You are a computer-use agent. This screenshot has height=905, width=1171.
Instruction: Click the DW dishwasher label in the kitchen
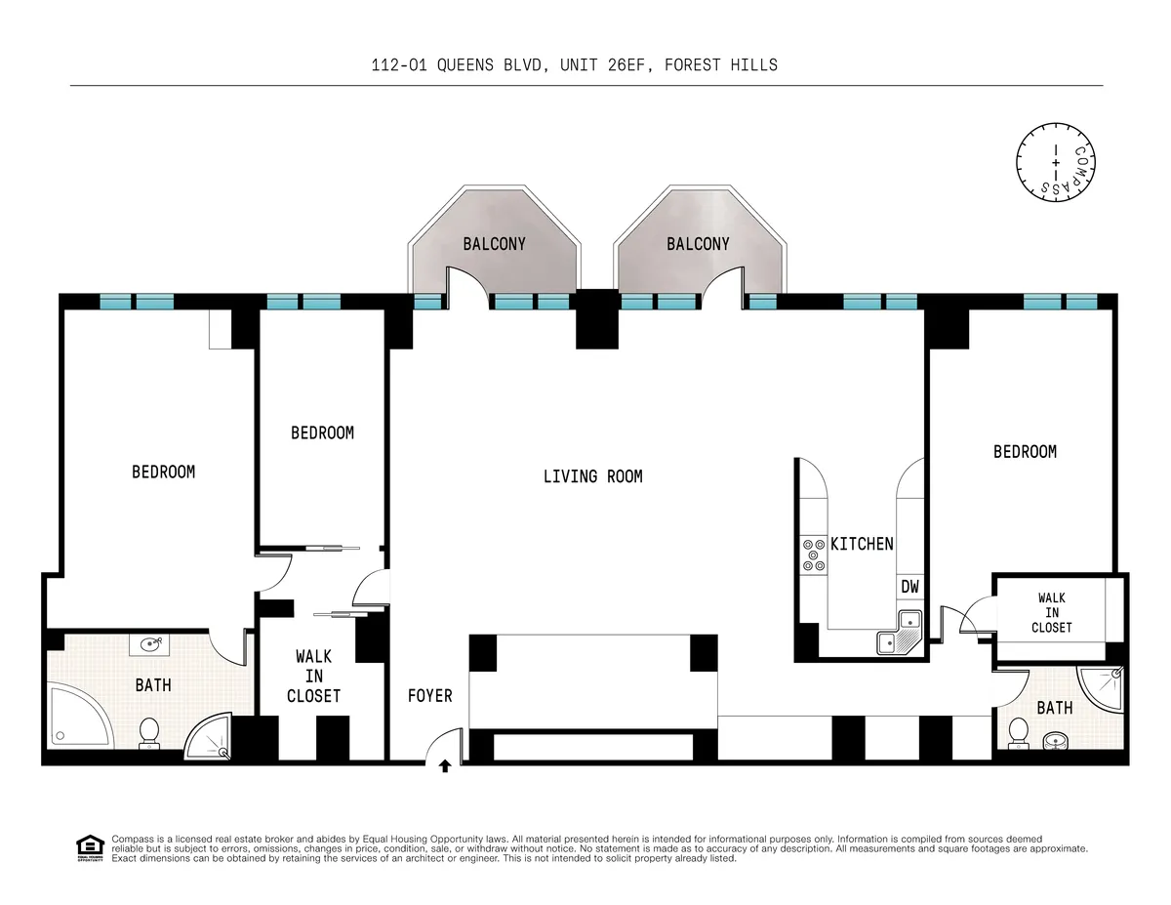pos(909,587)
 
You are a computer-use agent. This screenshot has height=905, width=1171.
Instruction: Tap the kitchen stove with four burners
pos(813,555)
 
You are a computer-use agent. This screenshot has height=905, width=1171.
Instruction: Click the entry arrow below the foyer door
pos(445,766)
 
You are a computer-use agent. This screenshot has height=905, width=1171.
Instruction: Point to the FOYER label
pos(430,696)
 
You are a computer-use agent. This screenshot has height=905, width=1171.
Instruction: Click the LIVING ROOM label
pos(592,476)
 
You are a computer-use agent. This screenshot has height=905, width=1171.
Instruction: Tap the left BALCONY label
pos(494,244)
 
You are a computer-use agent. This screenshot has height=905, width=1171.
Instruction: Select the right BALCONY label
pos(698,244)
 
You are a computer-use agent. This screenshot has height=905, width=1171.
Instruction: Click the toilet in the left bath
pos(149,732)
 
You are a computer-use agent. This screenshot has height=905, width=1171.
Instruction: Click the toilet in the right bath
pos(1018,732)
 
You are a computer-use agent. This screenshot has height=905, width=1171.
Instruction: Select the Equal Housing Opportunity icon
pos(90,847)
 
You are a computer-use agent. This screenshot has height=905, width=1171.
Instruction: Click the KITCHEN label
pos(862,544)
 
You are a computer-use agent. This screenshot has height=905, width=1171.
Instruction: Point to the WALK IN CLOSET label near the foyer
pos(313,677)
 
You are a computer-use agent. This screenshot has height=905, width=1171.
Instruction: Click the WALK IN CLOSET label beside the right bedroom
pos(1052,612)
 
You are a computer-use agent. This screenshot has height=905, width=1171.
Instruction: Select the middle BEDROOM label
pos(322,432)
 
